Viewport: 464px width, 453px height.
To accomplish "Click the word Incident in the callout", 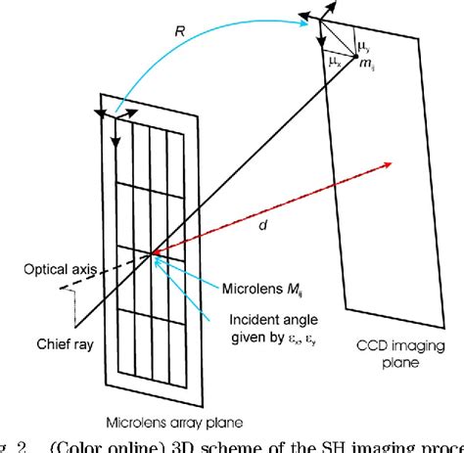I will point(248,319).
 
